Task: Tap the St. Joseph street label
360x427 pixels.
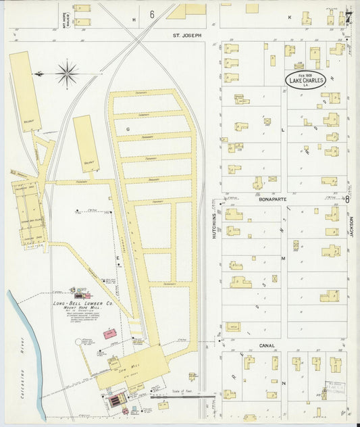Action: [187, 35]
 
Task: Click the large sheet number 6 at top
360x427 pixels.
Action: [152, 14]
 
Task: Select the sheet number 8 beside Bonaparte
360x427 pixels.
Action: [347, 199]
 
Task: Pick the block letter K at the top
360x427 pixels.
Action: [290, 16]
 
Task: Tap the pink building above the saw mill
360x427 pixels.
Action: [109, 334]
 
